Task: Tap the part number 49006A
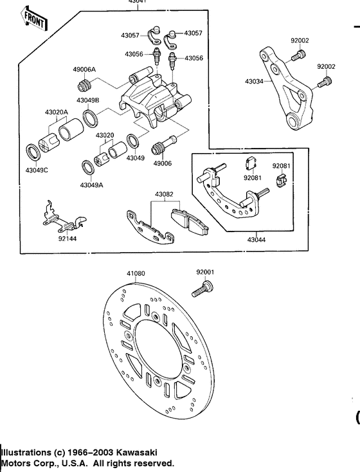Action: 84,69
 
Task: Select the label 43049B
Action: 87,100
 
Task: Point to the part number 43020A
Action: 57,111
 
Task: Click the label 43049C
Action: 37,170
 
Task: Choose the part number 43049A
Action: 91,185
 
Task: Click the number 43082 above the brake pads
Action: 164,194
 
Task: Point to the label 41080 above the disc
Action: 136,273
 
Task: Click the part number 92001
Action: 205,272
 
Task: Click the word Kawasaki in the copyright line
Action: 137,453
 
